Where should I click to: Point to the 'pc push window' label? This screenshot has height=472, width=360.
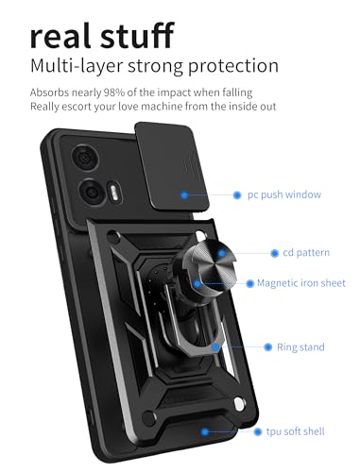pyautogui.click(x=284, y=194)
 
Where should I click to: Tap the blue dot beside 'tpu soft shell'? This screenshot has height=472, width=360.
pyautogui.click(x=259, y=431)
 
